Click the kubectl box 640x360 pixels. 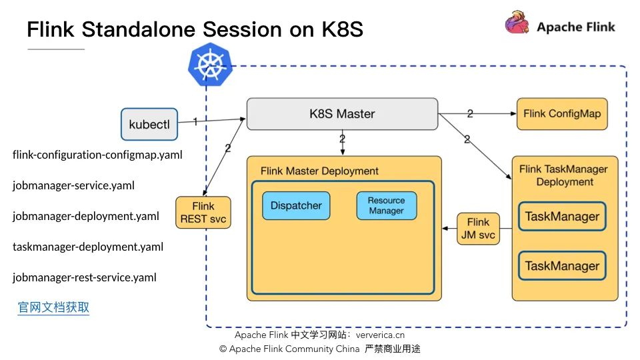[149, 124]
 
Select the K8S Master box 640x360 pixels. [343, 114]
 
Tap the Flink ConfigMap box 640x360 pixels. [562, 114]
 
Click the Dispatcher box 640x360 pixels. [296, 206]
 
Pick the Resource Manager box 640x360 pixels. [387, 206]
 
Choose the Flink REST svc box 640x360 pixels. [203, 212]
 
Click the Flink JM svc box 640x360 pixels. [479, 229]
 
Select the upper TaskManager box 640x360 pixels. [562, 216]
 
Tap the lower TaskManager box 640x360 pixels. [562, 266]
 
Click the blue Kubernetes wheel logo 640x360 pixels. [210, 65]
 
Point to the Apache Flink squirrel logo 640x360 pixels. [517, 23]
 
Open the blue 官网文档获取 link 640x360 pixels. [53, 307]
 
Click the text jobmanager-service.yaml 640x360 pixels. [73, 186]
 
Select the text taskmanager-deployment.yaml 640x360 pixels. [88, 247]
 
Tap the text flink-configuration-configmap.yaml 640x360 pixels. [97, 155]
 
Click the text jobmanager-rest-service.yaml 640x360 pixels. [85, 277]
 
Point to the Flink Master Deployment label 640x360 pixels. [319, 171]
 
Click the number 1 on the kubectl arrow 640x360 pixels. [195, 121]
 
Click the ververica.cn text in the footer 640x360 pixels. [380, 335]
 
